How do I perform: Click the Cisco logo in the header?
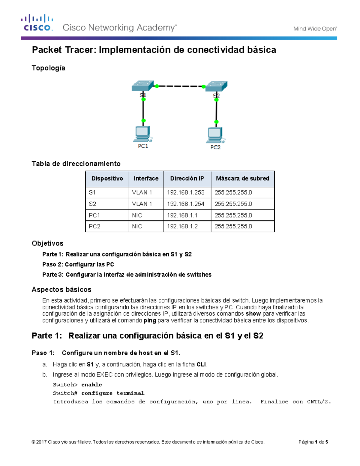tap(37, 23)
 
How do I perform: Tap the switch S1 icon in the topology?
tap(142, 86)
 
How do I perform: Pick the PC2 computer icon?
tap(215, 135)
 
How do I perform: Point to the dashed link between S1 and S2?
tap(180, 86)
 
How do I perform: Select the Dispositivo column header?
tap(107, 179)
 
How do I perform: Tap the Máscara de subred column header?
tap(242, 179)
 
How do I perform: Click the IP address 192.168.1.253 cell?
tap(186, 193)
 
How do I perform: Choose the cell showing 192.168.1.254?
tap(186, 204)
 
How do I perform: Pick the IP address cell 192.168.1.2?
tap(182, 227)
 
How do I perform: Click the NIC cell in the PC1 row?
tap(137, 215)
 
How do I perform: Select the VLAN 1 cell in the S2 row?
tap(142, 204)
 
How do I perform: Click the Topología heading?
tap(49, 68)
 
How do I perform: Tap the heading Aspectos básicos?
tap(61, 290)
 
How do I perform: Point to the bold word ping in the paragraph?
tap(150, 320)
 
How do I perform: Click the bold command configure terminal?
tap(113, 393)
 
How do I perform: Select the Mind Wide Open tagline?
tap(315, 29)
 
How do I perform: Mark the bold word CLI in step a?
tap(201, 365)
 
